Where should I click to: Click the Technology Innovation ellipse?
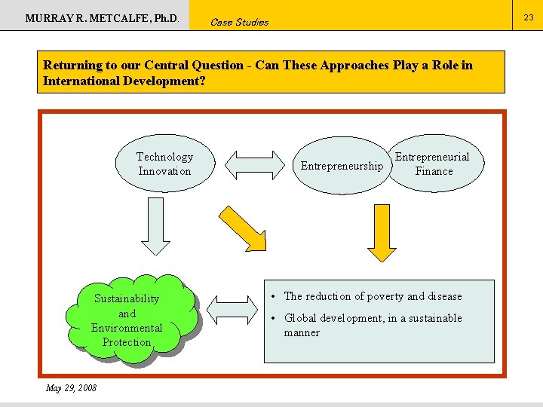click(x=164, y=164)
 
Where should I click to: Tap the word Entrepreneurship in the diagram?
click(x=342, y=166)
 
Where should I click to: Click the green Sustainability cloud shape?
click(x=127, y=320)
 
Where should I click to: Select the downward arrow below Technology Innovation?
click(x=156, y=227)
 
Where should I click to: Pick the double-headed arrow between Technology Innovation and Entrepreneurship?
click(x=253, y=166)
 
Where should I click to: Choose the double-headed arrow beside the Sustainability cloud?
click(x=232, y=310)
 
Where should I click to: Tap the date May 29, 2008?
click(x=71, y=388)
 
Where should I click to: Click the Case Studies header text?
click(x=239, y=22)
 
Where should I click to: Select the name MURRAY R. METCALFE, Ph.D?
click(x=103, y=17)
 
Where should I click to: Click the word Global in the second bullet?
click(x=301, y=318)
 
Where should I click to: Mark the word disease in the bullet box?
click(x=445, y=296)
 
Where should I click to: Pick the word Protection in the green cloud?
click(x=127, y=342)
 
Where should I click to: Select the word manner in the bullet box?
click(x=302, y=332)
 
